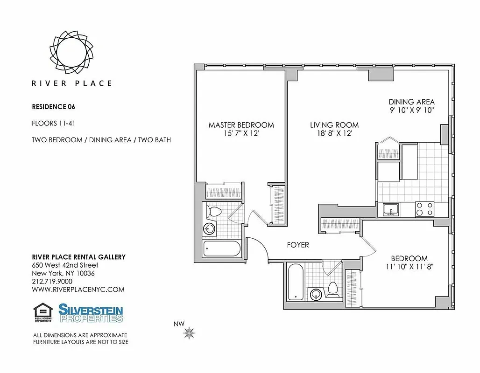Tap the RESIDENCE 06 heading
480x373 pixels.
[x=53, y=106]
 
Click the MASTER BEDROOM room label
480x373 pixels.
[x=241, y=125]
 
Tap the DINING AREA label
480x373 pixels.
[x=411, y=102]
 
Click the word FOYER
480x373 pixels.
[x=297, y=245]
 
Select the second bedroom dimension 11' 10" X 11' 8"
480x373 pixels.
[x=409, y=267]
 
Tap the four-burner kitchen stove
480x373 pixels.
[x=424, y=208]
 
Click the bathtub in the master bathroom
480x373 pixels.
[x=222, y=248]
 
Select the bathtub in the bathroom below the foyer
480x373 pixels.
[x=295, y=283]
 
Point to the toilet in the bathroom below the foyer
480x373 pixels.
[x=333, y=289]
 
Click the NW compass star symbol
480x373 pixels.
[x=189, y=333]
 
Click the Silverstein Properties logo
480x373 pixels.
[x=91, y=312]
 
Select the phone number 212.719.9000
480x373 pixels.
[x=52, y=281]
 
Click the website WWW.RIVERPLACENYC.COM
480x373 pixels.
[x=78, y=289]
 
